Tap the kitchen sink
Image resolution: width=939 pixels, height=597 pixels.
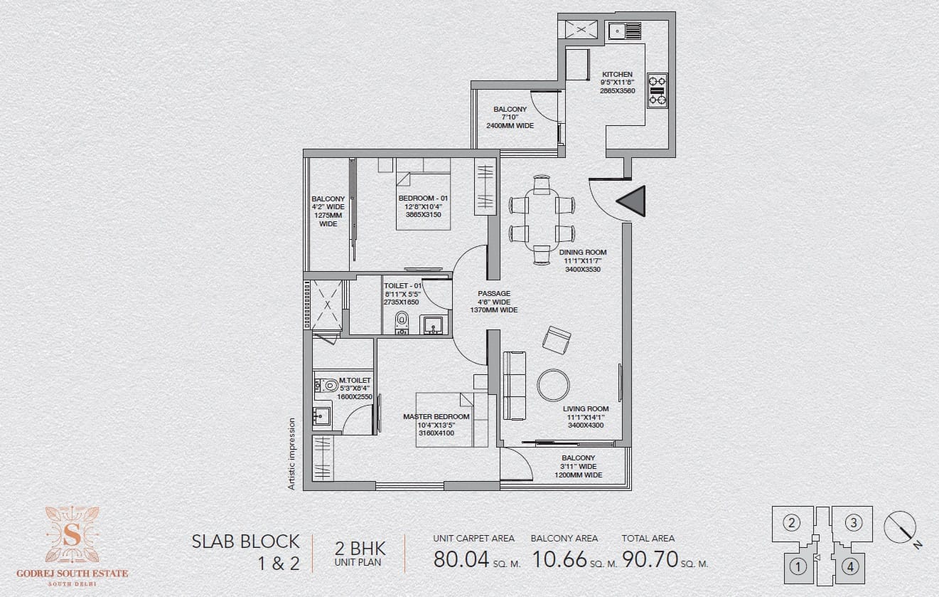pyautogui.click(x=625, y=31)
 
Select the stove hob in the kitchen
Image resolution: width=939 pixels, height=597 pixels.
pyautogui.click(x=657, y=90)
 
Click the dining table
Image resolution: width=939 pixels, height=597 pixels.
pyautogui.click(x=542, y=221)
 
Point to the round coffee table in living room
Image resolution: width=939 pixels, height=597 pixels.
pyautogui.click(x=553, y=385)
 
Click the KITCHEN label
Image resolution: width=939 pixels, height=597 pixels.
pyautogui.click(x=617, y=74)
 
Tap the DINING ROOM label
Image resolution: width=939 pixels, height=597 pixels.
pyautogui.click(x=583, y=252)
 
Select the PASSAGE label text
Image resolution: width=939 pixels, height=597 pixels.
pyautogui.click(x=494, y=293)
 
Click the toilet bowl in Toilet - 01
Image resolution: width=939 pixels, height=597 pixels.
pyautogui.click(x=402, y=322)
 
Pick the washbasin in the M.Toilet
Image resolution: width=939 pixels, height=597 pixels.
pyautogui.click(x=321, y=416)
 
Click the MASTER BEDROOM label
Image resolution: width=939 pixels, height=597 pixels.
pyautogui.click(x=436, y=416)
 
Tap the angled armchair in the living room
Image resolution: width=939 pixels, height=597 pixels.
pyautogui.click(x=557, y=340)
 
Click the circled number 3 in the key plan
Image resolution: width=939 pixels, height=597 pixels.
pyautogui.click(x=854, y=523)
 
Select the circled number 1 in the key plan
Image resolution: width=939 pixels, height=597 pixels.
pyautogui.click(x=798, y=567)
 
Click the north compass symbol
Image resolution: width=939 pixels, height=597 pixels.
pyautogui.click(x=901, y=528)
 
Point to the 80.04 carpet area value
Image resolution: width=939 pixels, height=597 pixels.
pyautogui.click(x=461, y=559)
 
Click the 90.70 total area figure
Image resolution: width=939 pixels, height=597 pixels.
pyautogui.click(x=650, y=559)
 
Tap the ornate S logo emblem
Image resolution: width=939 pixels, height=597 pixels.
pyautogui.click(x=72, y=534)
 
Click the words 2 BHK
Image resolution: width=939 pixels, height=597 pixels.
pyautogui.click(x=360, y=549)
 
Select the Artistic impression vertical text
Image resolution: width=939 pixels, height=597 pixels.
pyautogui.click(x=291, y=454)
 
